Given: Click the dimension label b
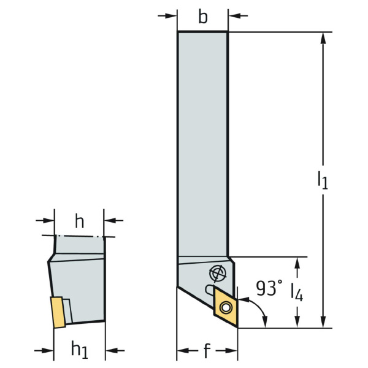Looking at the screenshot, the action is pyautogui.click(x=203, y=17).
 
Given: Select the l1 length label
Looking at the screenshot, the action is pyautogui.click(x=323, y=180).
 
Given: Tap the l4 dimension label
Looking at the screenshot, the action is pyautogui.click(x=297, y=293).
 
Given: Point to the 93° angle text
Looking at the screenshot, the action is pyautogui.click(x=269, y=288).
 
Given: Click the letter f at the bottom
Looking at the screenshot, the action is pyautogui.click(x=207, y=350).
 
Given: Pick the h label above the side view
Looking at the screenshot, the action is pyautogui.click(x=79, y=221).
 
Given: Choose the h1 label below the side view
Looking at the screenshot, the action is pyautogui.click(x=80, y=350).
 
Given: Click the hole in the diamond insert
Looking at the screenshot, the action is pyautogui.click(x=226, y=308).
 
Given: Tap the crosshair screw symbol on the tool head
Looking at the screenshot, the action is pyautogui.click(x=218, y=274).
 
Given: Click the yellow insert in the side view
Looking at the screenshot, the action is pyautogui.click(x=58, y=312).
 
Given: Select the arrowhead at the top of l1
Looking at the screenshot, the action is pyautogui.click(x=323, y=38).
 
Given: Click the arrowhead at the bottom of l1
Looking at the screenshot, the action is pyautogui.click(x=323, y=322).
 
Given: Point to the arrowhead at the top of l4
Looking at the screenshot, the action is pyautogui.click(x=297, y=263).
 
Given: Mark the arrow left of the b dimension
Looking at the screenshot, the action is pyautogui.click(x=167, y=16).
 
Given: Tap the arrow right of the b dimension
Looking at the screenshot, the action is pyautogui.click(x=238, y=16).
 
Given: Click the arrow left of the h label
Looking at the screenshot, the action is pyautogui.click(x=45, y=220).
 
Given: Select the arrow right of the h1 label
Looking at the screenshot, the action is pyautogui.click(x=115, y=350).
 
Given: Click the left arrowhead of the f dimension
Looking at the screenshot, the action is pyautogui.click(x=183, y=351).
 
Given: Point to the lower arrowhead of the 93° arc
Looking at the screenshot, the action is pyautogui.click(x=266, y=322).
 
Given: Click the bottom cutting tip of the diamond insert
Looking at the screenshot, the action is pyautogui.click(x=237, y=328).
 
